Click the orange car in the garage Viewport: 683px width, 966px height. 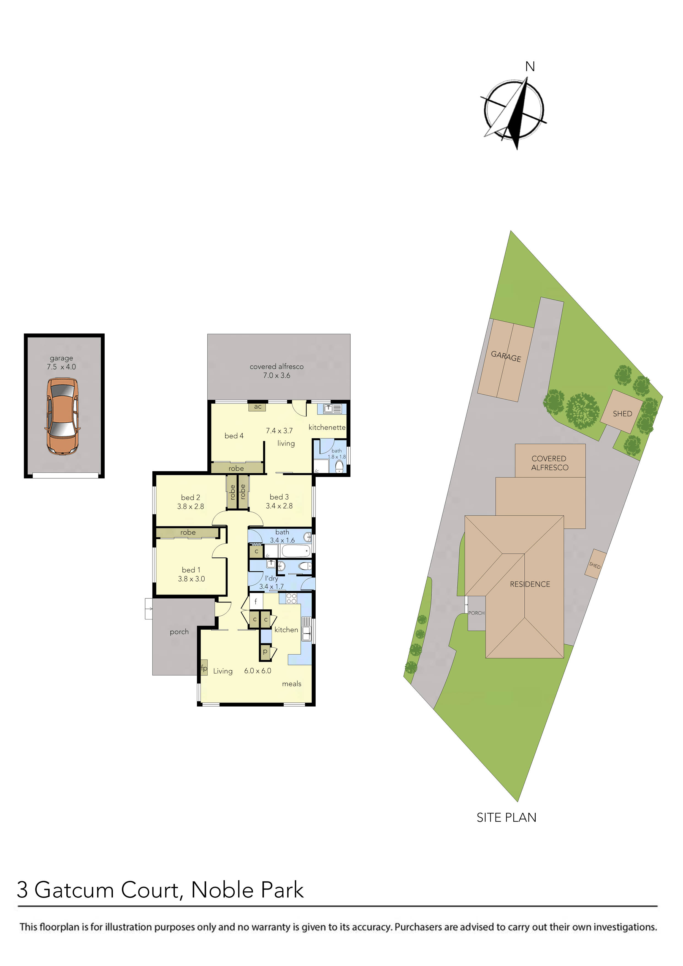[62, 416]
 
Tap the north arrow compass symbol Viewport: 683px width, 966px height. [514, 110]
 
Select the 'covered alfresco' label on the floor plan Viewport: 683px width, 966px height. [277, 367]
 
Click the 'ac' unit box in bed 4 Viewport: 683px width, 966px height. [257, 407]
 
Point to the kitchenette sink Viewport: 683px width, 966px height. [332, 408]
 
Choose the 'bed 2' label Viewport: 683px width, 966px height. [191, 497]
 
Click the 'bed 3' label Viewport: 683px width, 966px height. [279, 497]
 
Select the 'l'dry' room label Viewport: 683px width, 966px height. [272, 578]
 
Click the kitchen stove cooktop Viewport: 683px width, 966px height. [291, 598]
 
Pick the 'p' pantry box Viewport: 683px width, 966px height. [265, 651]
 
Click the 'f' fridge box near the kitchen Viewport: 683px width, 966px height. [256, 601]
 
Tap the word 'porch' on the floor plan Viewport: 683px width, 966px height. [179, 631]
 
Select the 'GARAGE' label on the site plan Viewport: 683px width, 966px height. [506, 357]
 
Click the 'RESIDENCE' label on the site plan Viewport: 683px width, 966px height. [530, 584]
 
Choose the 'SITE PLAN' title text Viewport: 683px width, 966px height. [506, 818]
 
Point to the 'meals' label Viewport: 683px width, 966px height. [292, 684]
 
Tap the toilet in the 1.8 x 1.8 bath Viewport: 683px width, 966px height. [339, 466]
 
